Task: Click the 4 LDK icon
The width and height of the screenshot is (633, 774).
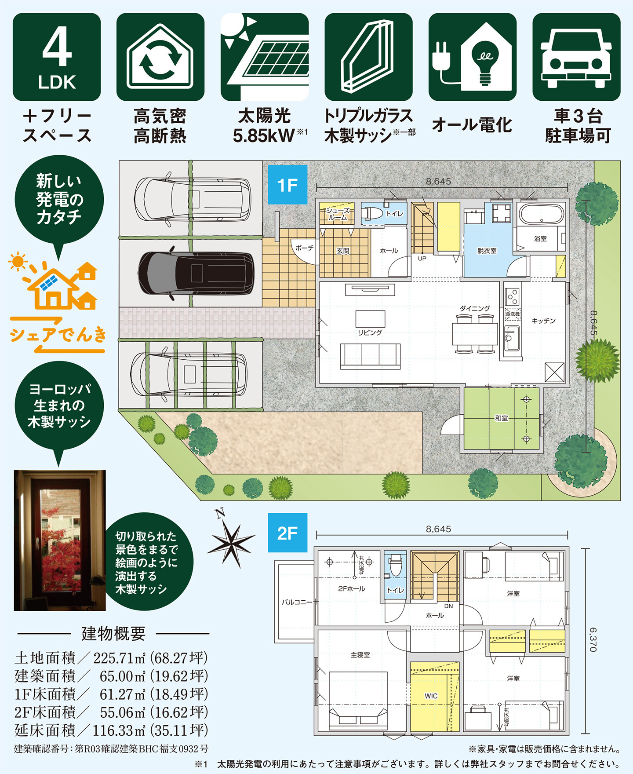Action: click(x=57, y=57)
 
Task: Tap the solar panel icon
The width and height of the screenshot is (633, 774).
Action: click(x=264, y=57)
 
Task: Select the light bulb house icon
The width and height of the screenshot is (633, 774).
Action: click(x=472, y=57)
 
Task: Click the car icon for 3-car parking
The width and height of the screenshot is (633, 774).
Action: click(x=576, y=57)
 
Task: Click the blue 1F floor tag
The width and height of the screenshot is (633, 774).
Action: click(x=287, y=185)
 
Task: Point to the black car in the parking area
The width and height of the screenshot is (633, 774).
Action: click(x=196, y=273)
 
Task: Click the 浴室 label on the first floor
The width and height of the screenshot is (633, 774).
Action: click(x=540, y=239)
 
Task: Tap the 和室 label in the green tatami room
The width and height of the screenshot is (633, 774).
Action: click(x=501, y=418)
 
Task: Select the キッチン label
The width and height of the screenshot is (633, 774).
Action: click(x=543, y=321)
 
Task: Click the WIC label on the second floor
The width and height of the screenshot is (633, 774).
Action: click(x=431, y=696)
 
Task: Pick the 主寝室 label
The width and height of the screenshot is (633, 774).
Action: click(x=360, y=655)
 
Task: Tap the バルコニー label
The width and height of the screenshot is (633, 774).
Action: click(x=297, y=602)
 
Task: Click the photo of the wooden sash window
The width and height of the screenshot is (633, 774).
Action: click(x=60, y=540)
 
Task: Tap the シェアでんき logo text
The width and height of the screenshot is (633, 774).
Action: click(x=58, y=335)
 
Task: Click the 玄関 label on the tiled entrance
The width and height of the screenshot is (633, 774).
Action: click(x=343, y=251)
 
